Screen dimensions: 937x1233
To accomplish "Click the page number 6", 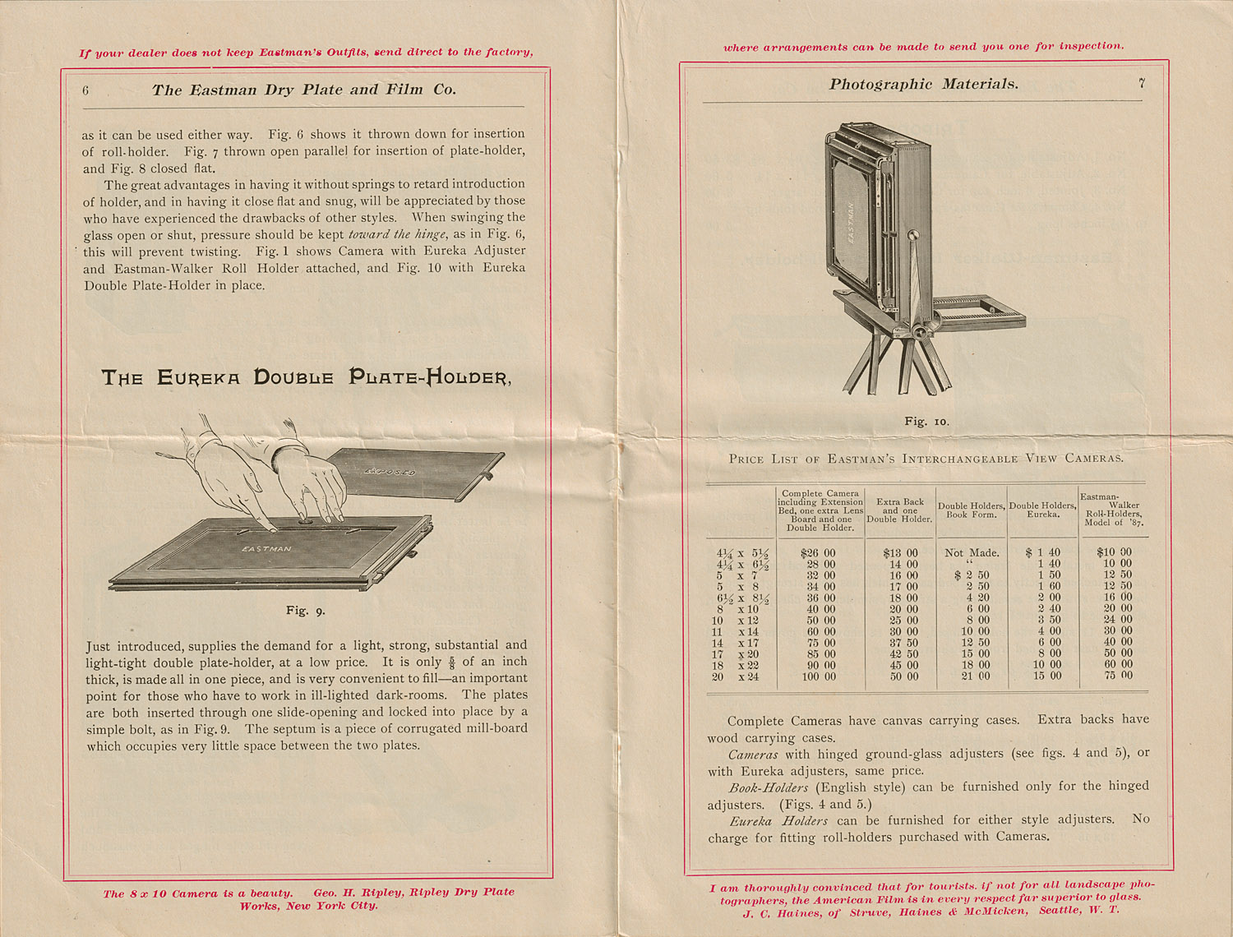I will (85, 91).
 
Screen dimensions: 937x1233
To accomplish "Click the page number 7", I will (1141, 82).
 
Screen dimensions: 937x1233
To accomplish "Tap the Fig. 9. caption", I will (306, 611).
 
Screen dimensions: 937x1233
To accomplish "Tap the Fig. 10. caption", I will (926, 422).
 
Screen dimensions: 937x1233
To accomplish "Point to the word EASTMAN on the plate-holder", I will (266, 548).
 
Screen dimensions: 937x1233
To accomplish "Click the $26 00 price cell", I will (818, 553).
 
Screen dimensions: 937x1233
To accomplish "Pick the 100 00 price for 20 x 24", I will (818, 676).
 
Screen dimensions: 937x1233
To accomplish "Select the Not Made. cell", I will (972, 553).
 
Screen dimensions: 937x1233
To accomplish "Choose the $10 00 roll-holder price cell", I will (1114, 553).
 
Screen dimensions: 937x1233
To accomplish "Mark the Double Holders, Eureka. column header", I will (1042, 510).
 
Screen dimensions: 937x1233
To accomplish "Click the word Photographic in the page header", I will (881, 84).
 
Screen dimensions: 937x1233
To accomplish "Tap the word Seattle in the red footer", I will (1060, 911).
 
